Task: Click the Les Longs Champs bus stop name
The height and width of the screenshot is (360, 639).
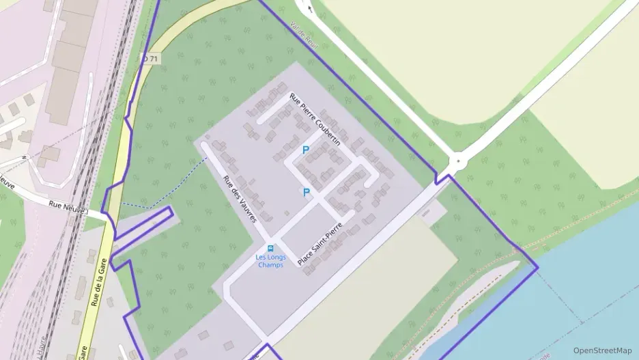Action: pyautogui.click(x=271, y=261)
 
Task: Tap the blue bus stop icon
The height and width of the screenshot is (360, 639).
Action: pyautogui.click(x=271, y=248)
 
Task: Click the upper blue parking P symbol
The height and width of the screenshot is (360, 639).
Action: pyautogui.click(x=305, y=150)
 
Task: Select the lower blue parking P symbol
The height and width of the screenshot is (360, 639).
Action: pyautogui.click(x=306, y=193)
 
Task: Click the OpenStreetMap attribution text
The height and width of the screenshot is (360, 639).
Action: pyautogui.click(x=602, y=350)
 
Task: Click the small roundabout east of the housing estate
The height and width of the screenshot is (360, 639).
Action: pyautogui.click(x=458, y=162)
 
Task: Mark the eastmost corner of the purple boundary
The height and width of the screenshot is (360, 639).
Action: pyautogui.click(x=538, y=266)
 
